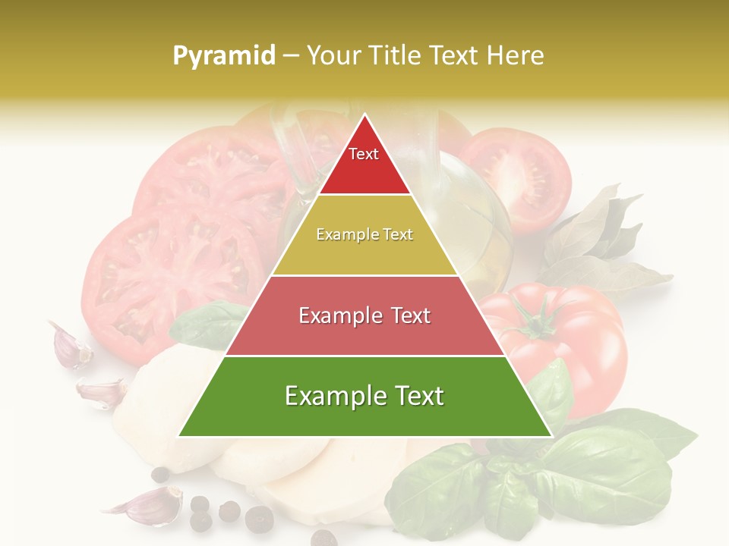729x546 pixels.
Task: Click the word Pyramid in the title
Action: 223,56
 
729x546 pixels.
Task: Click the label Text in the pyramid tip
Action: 364,154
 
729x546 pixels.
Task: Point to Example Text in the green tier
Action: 364,396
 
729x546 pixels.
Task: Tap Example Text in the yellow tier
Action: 364,235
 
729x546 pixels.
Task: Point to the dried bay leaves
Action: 600,243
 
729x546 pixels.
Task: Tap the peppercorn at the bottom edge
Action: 323,538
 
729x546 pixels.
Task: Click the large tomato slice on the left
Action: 152,273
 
